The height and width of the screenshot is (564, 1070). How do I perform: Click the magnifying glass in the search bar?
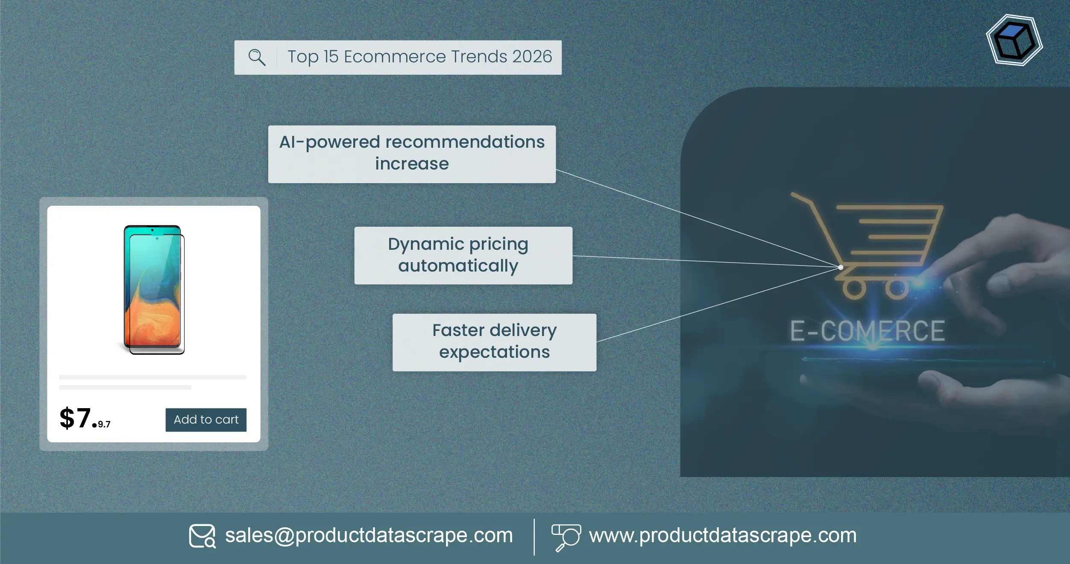point(257,57)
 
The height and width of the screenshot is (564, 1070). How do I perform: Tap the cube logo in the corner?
point(1014,41)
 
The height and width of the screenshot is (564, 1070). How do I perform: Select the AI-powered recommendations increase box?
point(411,154)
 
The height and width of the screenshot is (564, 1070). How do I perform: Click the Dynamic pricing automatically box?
point(463,255)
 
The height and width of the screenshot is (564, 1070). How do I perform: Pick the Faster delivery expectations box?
point(494,342)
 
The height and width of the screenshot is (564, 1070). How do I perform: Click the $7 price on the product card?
point(77,418)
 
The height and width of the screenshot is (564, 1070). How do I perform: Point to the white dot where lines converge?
point(840,267)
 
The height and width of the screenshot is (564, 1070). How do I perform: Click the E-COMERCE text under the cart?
point(867,331)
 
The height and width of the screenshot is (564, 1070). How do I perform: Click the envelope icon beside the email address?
point(202,536)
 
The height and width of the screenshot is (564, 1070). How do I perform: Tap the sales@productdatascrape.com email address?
point(369,535)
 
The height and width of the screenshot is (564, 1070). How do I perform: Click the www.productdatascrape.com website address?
point(722,535)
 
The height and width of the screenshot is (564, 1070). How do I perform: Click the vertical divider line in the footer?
point(534,537)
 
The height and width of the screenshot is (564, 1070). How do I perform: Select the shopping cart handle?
point(801,199)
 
